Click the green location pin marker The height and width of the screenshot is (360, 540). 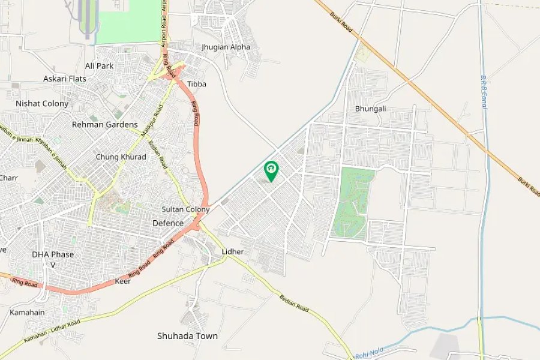point(271,170)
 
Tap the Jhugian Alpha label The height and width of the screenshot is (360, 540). point(226,47)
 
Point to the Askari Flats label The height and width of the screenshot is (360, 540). point(65,79)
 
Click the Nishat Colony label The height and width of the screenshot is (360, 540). point(42,103)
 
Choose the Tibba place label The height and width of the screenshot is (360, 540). point(197,84)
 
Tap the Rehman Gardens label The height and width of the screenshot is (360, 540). point(105,125)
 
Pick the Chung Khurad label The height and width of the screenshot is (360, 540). point(121,157)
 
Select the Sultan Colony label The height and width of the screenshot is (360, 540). point(185,209)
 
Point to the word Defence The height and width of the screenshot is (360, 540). point(168,223)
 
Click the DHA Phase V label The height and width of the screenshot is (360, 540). point(53,259)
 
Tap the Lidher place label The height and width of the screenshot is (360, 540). point(233,251)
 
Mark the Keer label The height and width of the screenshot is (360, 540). point(122,281)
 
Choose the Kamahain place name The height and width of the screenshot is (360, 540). point(26,313)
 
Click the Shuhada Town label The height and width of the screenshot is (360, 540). point(187,336)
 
